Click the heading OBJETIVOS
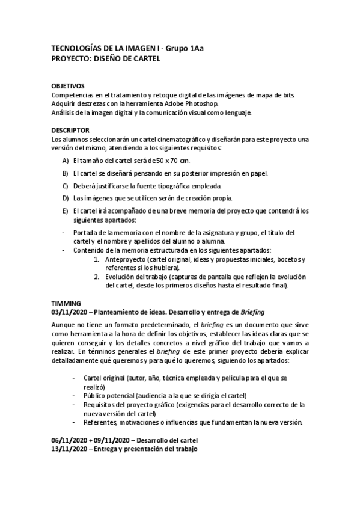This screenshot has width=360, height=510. tap(68, 87)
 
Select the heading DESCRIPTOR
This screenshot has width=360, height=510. tap(70, 130)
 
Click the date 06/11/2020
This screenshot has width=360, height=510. tap(70, 441)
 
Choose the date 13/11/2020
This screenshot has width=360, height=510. tap(70, 450)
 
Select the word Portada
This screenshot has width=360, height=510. tap(86, 233)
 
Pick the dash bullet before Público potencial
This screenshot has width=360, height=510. tap(73, 395)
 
